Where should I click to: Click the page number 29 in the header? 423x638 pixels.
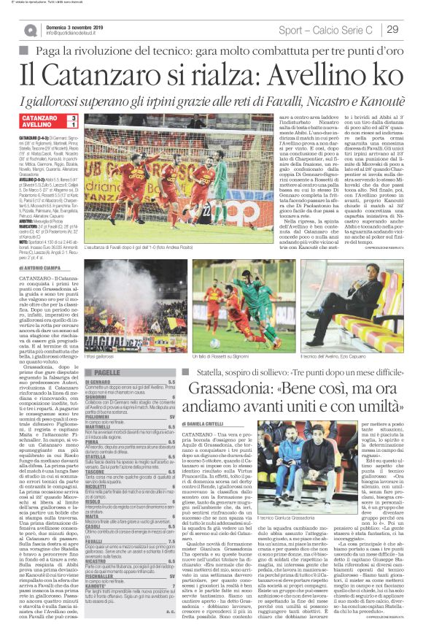tap(392, 28)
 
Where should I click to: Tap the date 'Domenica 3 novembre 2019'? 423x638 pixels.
tap(73, 25)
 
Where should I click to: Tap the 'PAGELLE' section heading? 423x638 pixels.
tap(108, 372)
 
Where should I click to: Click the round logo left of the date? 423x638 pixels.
tap(31, 29)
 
